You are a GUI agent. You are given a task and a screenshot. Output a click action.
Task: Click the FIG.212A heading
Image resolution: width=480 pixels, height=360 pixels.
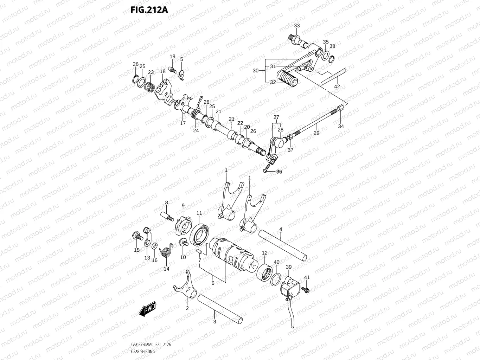click(x=149, y=10)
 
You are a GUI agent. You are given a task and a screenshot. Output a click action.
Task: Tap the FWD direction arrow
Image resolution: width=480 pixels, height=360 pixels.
click(x=147, y=309)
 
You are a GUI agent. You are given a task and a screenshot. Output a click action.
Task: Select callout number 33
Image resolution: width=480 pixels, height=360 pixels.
click(x=297, y=26)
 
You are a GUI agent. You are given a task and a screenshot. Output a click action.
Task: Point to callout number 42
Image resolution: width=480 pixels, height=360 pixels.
click(x=337, y=86)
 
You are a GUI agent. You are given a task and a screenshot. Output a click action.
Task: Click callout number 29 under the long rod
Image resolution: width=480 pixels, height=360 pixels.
click(x=316, y=133)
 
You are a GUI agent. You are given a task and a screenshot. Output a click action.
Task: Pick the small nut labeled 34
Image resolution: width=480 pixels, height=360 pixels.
click(x=340, y=108)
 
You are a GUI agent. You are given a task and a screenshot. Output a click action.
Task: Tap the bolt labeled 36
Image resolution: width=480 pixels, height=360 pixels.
click(x=267, y=171)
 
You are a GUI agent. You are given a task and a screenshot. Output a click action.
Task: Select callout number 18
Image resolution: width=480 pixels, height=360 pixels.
click(x=162, y=71)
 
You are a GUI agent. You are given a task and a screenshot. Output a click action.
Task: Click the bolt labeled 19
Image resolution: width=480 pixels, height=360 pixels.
click(x=172, y=69)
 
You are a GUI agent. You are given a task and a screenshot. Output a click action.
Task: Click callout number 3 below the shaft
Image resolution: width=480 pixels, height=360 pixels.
click(x=215, y=321)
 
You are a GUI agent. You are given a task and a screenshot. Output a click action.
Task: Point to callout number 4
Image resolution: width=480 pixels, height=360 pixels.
click(x=281, y=229)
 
